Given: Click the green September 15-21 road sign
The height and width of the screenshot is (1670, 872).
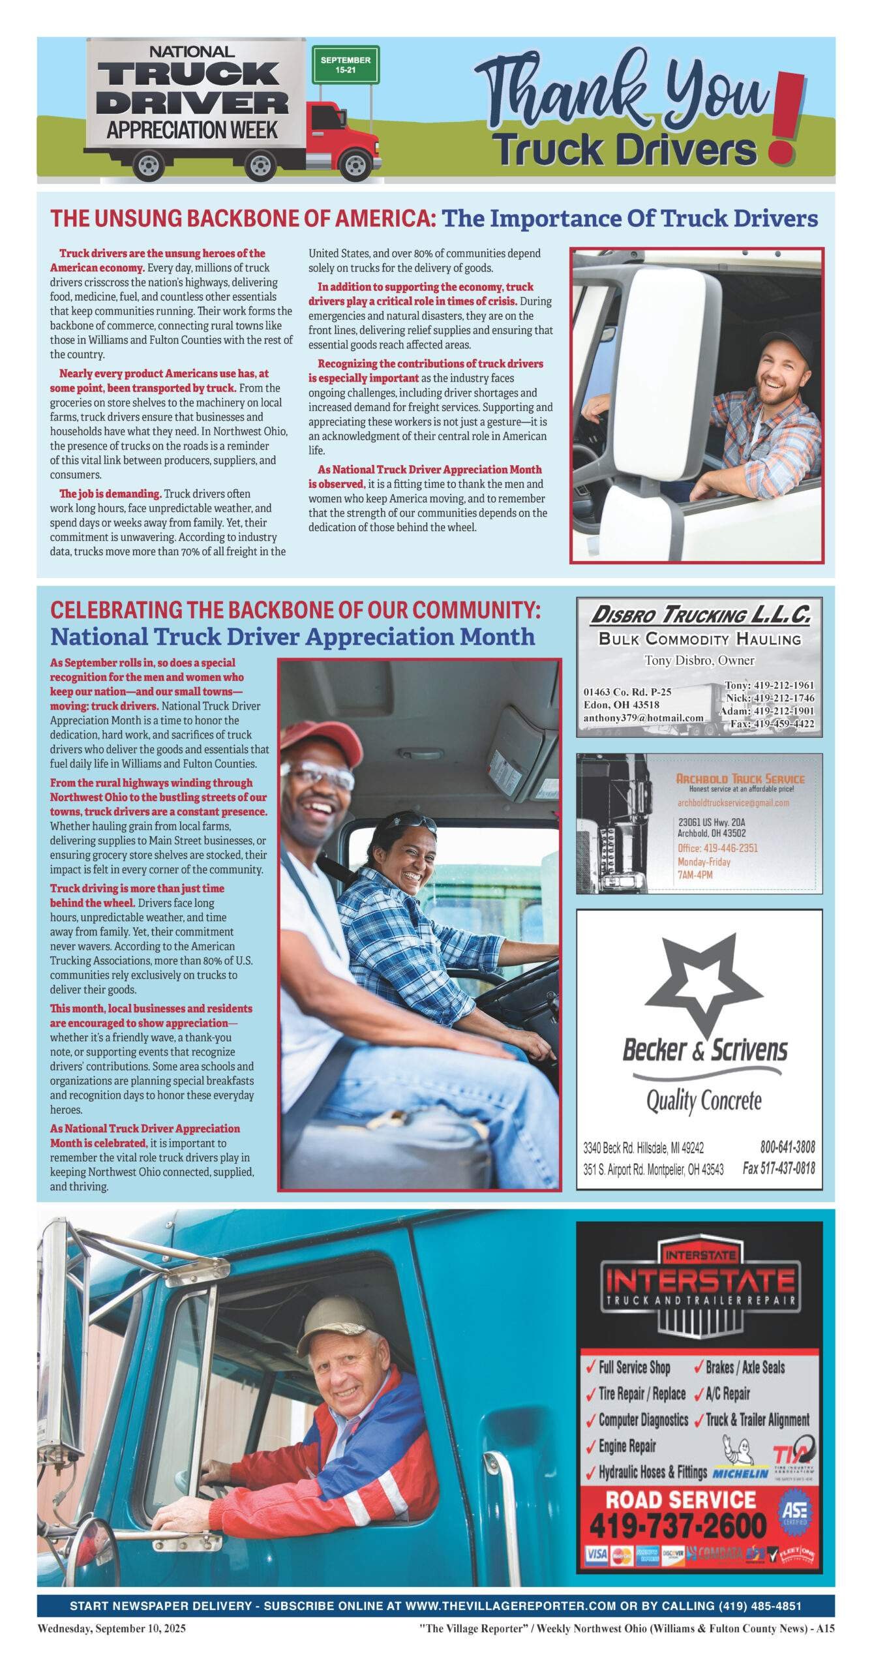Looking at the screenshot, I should coord(345,64).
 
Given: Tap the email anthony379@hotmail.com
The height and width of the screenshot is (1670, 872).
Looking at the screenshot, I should coord(643,718).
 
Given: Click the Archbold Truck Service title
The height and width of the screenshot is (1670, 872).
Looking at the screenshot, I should coord(740,778).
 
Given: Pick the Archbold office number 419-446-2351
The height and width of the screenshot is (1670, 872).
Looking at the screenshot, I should coord(716,848).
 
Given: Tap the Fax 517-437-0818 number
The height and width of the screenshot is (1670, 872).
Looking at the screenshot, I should coord(778,1168).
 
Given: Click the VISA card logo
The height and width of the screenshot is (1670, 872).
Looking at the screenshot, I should coord(595,1555).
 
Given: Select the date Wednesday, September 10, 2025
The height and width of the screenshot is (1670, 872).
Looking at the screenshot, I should coord(112,1628).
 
